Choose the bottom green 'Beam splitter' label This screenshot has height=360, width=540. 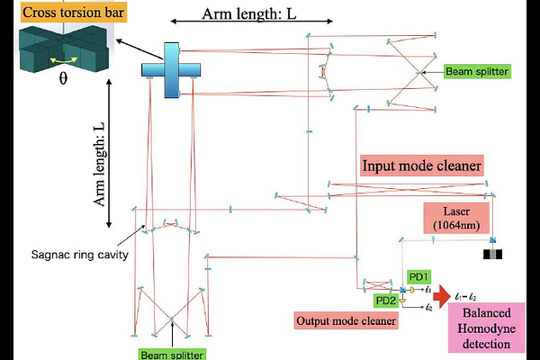point(172,354)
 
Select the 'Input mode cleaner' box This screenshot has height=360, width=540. point(422,166)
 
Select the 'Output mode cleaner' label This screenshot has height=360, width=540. point(346,320)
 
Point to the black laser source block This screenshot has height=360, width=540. point(494,254)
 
